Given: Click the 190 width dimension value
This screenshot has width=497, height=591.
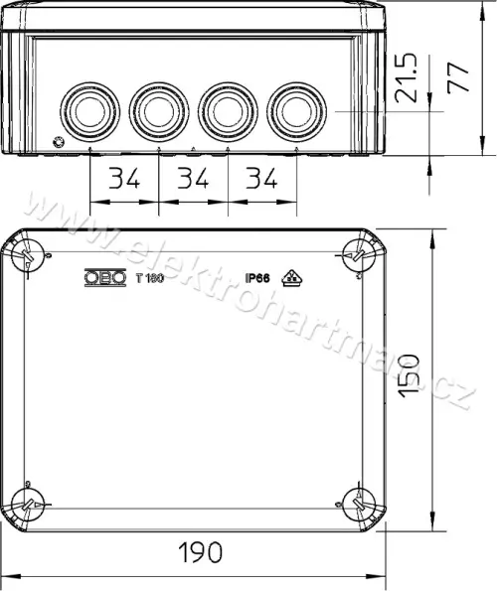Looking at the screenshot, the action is [200, 552].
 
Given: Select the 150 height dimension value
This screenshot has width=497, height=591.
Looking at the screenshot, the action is [410, 375].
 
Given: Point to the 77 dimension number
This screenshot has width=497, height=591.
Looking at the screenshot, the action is [458, 77].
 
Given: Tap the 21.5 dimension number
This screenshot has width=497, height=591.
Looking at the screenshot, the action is [407, 77].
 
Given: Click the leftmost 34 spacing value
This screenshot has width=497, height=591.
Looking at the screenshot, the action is [124, 178].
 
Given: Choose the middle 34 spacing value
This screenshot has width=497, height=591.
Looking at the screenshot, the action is [193, 178].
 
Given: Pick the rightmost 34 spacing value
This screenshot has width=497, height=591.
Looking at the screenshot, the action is [261, 178].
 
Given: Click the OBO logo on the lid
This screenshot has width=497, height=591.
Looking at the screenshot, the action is [105, 278].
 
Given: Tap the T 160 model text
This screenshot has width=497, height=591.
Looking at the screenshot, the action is [150, 278].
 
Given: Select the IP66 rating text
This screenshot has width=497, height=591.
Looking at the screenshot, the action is [257, 278].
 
